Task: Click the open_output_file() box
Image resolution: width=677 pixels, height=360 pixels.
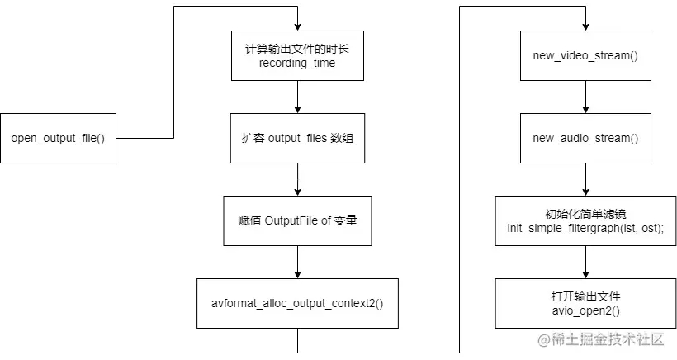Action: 58,137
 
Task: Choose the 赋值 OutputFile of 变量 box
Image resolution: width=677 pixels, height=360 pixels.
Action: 296,220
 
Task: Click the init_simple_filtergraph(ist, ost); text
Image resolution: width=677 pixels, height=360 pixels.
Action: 585,228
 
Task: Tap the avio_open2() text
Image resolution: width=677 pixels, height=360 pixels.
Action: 585,310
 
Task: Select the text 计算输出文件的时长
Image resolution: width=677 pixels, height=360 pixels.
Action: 296,48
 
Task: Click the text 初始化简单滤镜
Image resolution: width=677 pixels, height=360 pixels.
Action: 585,213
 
